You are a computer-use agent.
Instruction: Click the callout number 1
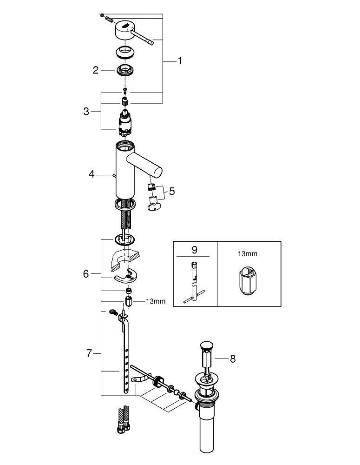coord(180,61)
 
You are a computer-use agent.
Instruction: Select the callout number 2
coord(95,70)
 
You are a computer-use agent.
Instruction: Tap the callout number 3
coord(86,112)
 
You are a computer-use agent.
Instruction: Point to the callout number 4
coord(92,174)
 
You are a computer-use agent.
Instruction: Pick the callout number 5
coord(172,191)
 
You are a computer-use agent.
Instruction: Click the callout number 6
coord(86,274)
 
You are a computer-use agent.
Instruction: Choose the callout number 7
coord(89,353)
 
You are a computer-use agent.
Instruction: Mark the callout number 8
coord(233,359)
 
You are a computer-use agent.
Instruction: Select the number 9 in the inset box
coord(194,250)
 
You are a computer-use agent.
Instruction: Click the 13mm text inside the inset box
coord(248,254)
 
